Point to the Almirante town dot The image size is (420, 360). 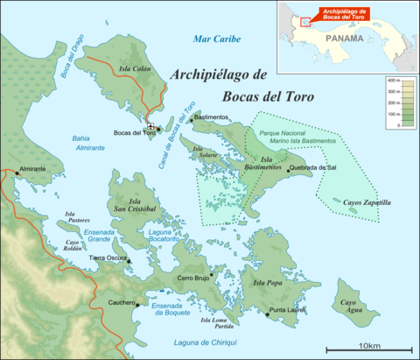pyautogui.click(x=16, y=173)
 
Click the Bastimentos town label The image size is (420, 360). pyautogui.click(x=213, y=116)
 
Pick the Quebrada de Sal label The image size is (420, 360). pyautogui.click(x=311, y=166)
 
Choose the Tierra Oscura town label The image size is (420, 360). pyautogui.click(x=108, y=258)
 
